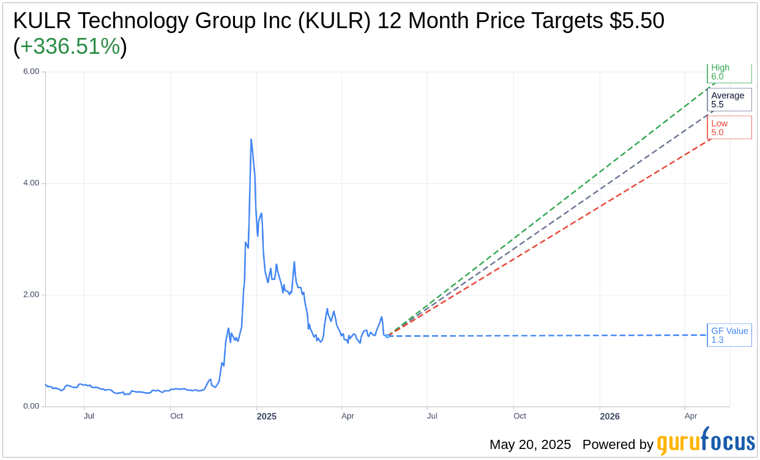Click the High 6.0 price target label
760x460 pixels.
pos(729,72)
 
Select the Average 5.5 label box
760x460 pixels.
pos(729,100)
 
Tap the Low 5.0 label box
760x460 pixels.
pos(729,127)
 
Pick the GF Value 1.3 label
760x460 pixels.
pos(729,335)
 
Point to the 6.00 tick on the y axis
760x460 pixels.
pos(31,72)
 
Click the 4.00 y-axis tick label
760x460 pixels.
pos(31,183)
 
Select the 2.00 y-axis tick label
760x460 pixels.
pos(31,294)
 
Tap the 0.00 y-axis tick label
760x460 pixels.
pos(31,406)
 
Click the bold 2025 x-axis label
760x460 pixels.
pos(267,417)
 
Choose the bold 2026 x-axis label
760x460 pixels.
pos(609,417)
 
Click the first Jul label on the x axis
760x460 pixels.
pos(89,416)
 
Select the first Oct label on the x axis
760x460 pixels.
pos(176,416)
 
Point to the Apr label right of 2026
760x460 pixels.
pos(690,416)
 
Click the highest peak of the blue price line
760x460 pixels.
pos(251,139)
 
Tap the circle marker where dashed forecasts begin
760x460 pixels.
pos(387,336)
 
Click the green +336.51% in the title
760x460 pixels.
pos(70,46)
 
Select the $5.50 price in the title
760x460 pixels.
pos(636,21)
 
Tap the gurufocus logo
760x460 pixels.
pos(706,442)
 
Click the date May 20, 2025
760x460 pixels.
pos(530,445)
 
